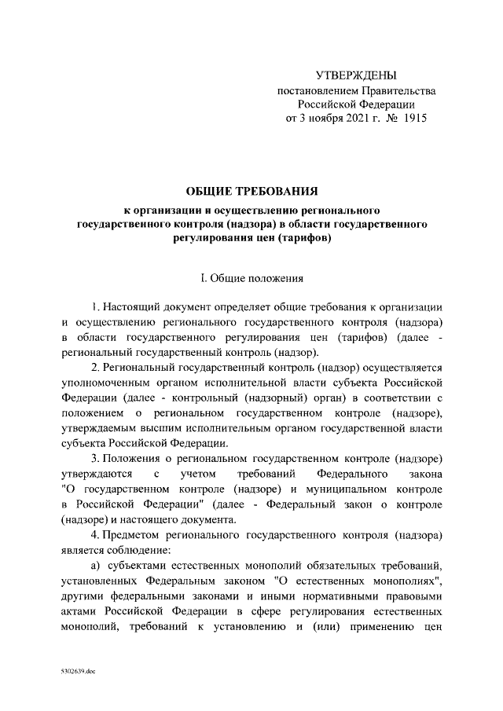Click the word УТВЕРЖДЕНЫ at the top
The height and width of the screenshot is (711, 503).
tap(355, 76)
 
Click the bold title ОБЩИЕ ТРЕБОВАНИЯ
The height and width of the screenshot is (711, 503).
tap(251, 192)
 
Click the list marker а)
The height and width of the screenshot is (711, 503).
tap(97, 566)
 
